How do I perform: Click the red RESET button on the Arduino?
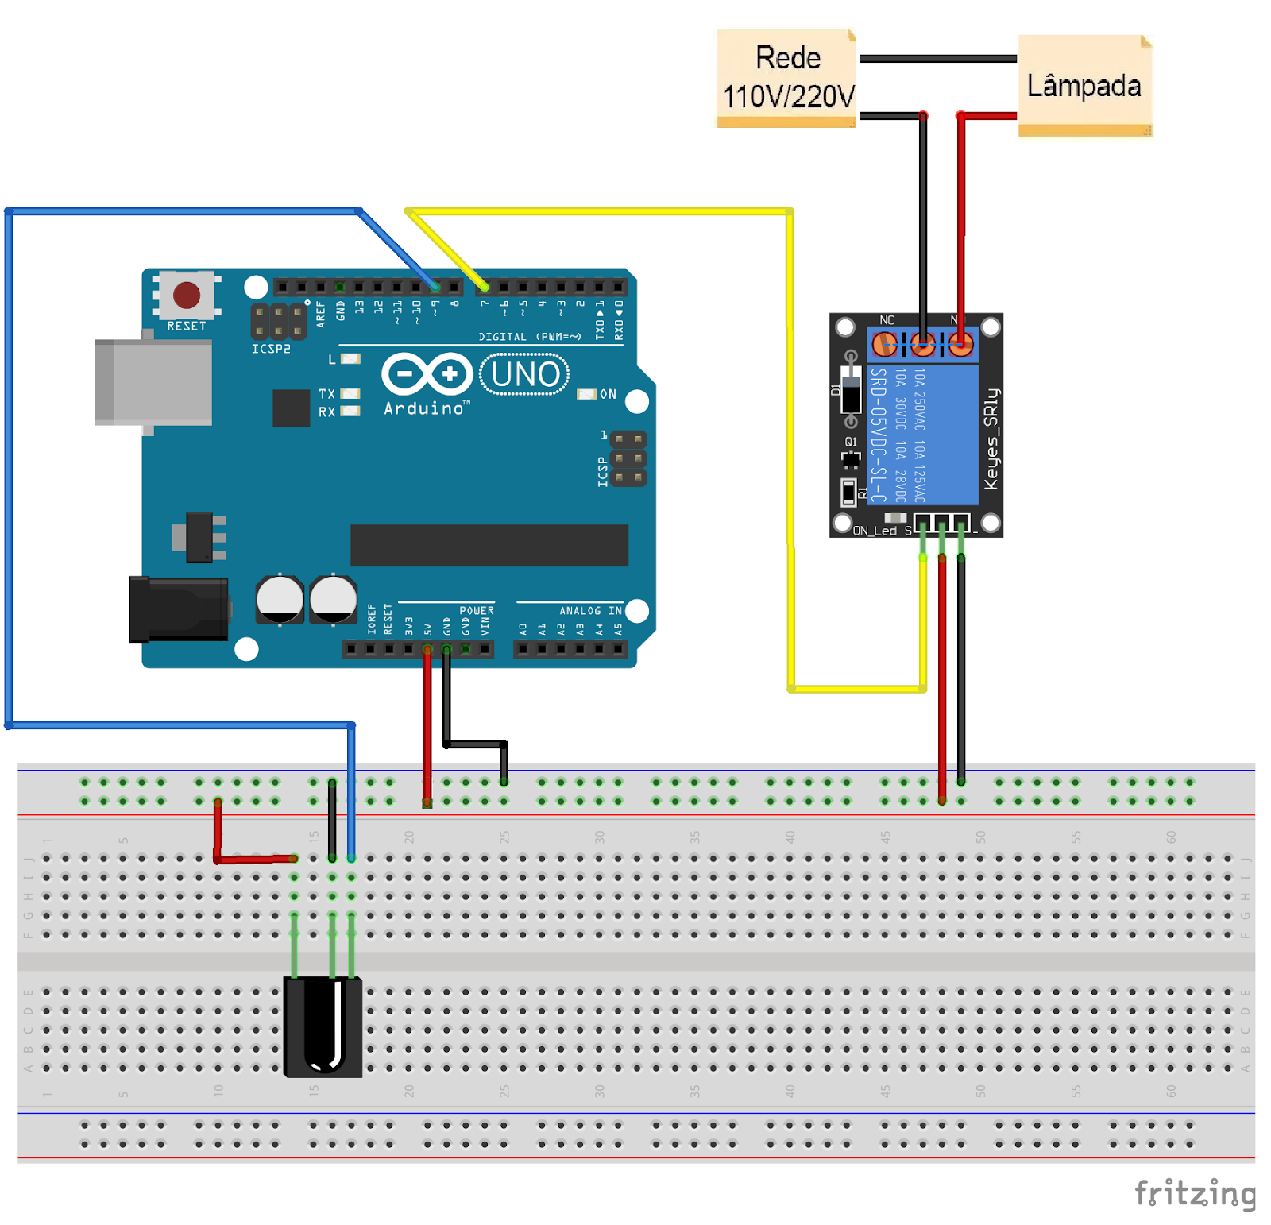pyautogui.click(x=187, y=295)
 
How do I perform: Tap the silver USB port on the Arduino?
pyautogui.click(x=153, y=382)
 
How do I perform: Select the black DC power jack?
pyautogui.click(x=179, y=609)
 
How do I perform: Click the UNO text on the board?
pyautogui.click(x=525, y=374)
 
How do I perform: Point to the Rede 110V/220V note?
pyautogui.click(x=787, y=78)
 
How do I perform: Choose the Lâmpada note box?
pyautogui.click(x=1084, y=85)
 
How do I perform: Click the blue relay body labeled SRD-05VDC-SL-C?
pyautogui.click(x=924, y=434)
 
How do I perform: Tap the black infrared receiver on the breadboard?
pyautogui.click(x=323, y=1026)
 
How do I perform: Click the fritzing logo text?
pyautogui.click(x=1195, y=1193)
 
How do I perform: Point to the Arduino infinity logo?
pyautogui.click(x=427, y=373)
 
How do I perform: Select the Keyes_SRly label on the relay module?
pyautogui.click(x=991, y=439)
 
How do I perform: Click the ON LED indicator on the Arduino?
pyautogui.click(x=586, y=394)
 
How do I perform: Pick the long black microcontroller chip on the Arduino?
pyautogui.click(x=489, y=545)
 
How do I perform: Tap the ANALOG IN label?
pyautogui.click(x=590, y=611)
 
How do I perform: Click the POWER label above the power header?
pyautogui.click(x=477, y=611)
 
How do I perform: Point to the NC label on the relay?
pyautogui.click(x=887, y=320)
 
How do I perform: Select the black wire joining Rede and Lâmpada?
pyautogui.click(x=938, y=58)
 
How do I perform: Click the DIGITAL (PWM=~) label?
pyautogui.click(x=530, y=337)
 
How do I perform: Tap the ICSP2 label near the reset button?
pyautogui.click(x=271, y=349)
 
